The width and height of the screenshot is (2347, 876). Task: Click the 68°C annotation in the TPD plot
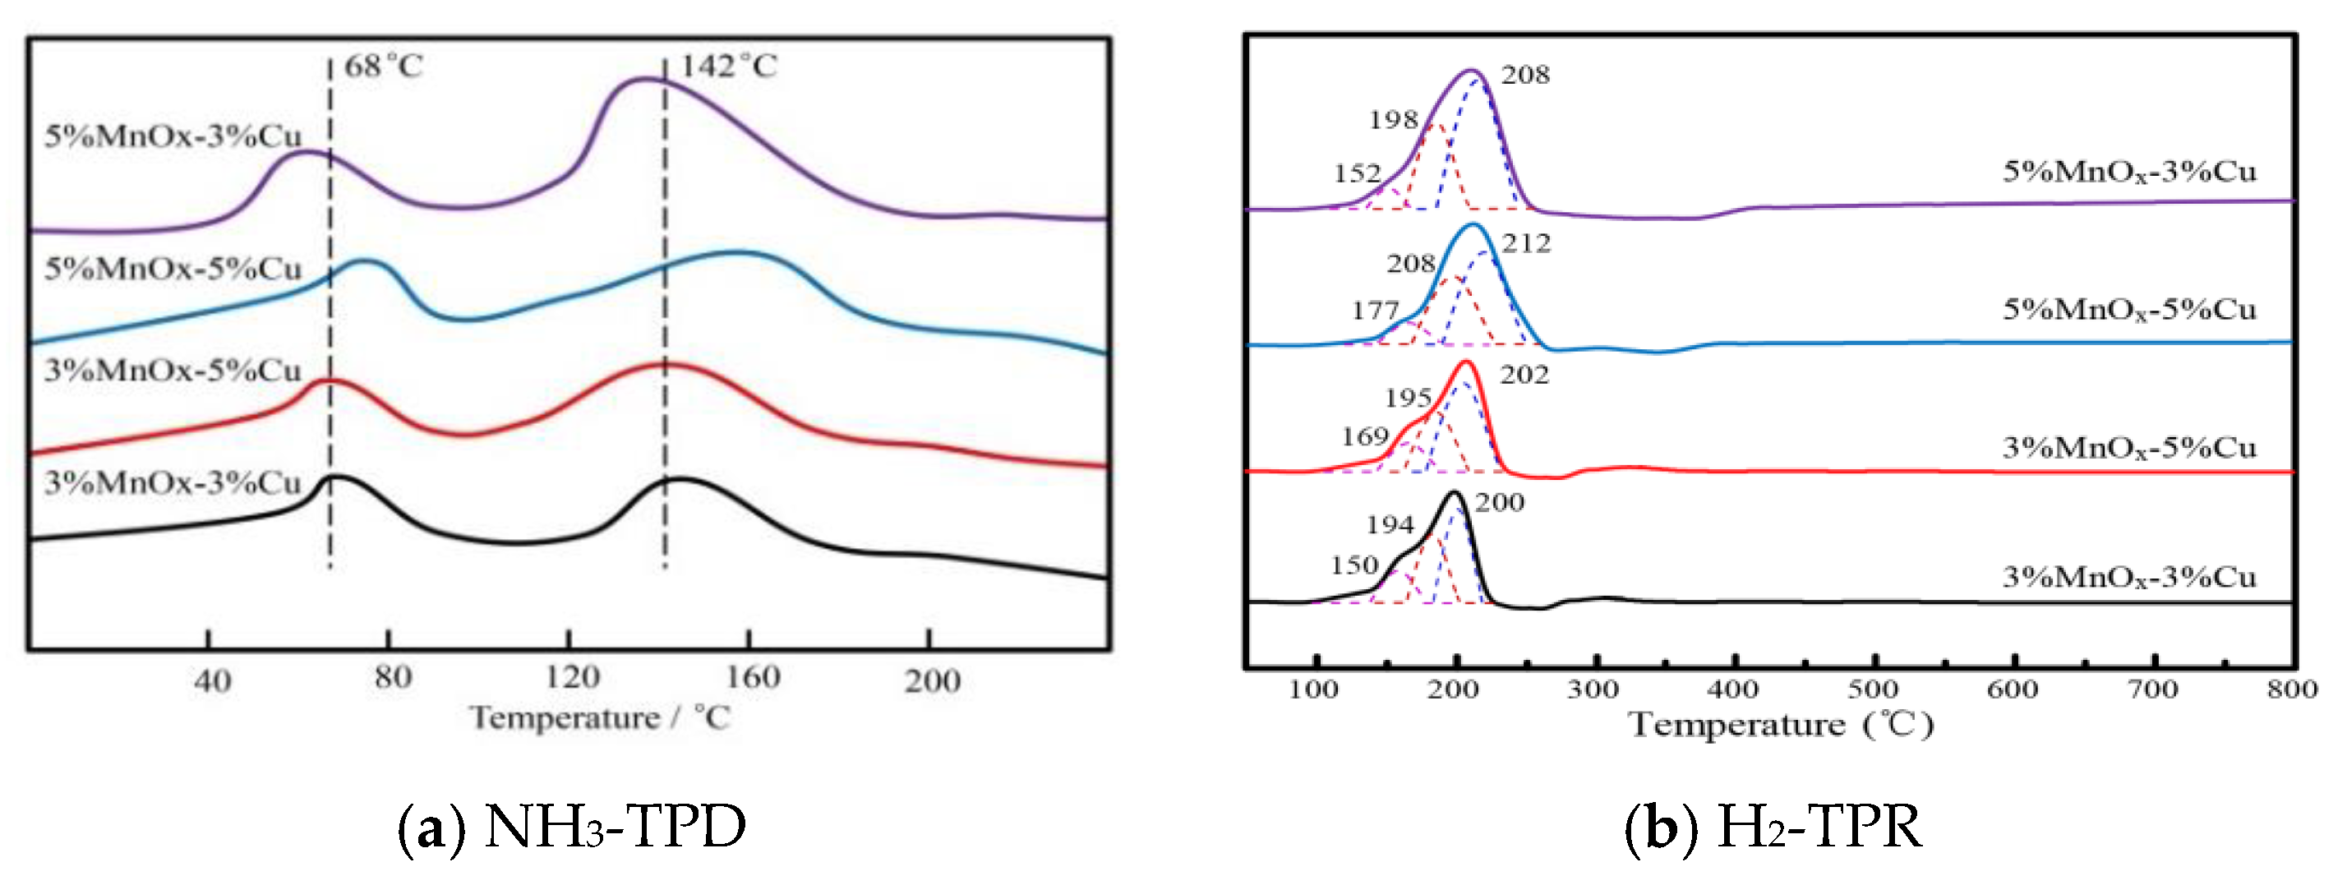click(x=384, y=67)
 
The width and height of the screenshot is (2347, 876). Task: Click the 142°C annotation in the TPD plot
click(x=729, y=67)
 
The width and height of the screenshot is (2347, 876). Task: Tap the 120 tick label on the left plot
click(x=572, y=677)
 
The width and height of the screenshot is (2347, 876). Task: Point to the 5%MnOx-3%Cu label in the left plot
click(x=173, y=136)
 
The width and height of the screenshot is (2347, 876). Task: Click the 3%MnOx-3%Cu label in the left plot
click(x=173, y=483)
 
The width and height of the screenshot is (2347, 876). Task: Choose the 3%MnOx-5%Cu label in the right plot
click(x=2129, y=448)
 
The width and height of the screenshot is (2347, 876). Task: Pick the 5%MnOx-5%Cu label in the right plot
click(x=2129, y=310)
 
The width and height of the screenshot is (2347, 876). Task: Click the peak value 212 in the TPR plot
click(x=1526, y=243)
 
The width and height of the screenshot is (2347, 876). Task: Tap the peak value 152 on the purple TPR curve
click(x=1358, y=173)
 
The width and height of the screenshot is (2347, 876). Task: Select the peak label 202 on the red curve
click(x=1524, y=375)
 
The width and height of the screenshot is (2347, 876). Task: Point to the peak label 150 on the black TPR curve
click(x=1354, y=565)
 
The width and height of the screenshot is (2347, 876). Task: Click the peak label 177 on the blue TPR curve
click(x=1375, y=311)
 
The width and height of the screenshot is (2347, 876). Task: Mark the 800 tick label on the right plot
click(x=2292, y=689)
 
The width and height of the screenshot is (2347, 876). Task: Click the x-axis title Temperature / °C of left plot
click(x=601, y=718)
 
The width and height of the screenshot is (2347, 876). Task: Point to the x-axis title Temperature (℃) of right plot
click(x=1780, y=726)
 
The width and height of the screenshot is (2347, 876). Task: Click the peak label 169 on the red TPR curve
click(x=1365, y=436)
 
